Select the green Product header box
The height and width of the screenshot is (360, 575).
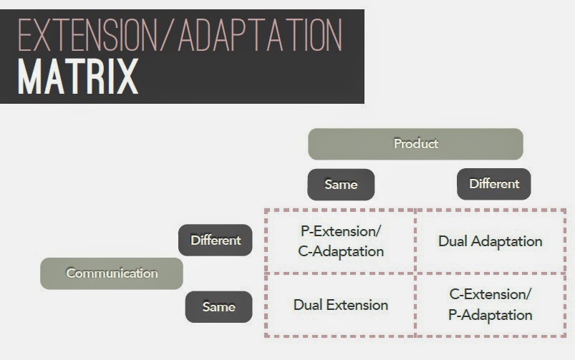tap(415, 144)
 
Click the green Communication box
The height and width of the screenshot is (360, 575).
tap(112, 273)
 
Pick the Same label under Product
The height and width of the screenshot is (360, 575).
tap(341, 185)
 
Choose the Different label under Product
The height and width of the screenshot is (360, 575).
tap(493, 184)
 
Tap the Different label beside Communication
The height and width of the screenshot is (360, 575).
tap(215, 240)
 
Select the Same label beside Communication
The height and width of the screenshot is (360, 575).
tap(218, 306)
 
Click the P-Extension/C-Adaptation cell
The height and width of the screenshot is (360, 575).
tap(340, 241)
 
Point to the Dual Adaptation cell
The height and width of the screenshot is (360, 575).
tap(490, 241)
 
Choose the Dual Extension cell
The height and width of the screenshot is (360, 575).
tap(340, 305)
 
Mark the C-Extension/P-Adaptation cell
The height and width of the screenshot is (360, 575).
tap(491, 305)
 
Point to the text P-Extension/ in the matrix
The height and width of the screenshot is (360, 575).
tap(340, 232)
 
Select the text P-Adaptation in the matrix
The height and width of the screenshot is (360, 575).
tap(491, 315)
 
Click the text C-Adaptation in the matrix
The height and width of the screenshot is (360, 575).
tap(340, 251)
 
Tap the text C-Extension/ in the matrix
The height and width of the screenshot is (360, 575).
tap(491, 295)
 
